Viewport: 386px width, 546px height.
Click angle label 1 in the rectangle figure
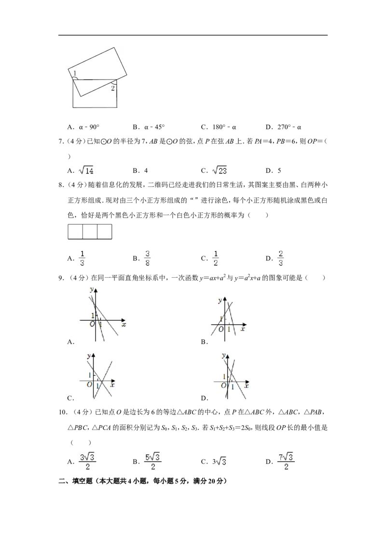[x=75, y=73]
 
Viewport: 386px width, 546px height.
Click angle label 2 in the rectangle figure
[x=112, y=88]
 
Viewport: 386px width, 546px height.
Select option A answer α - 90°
[x=89, y=127]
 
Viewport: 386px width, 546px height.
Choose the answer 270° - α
[x=289, y=127]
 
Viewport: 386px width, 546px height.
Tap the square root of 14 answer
[x=86, y=170]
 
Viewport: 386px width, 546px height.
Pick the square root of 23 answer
[x=220, y=170]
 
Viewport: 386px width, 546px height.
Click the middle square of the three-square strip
[x=90, y=232]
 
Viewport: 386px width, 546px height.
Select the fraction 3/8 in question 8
[x=147, y=258]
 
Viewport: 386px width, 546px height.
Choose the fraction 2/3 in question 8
[x=281, y=258]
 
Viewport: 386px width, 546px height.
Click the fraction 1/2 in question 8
[x=216, y=258]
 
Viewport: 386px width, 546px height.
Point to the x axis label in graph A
[x=124, y=325]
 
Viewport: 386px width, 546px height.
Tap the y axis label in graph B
[x=220, y=300]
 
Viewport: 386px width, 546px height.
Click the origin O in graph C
[x=90, y=384]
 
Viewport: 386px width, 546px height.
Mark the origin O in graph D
[x=224, y=385]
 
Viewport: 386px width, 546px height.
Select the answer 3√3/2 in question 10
[x=87, y=462]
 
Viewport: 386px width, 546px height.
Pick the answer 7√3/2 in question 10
[x=286, y=462]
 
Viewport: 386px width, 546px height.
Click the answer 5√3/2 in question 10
[x=152, y=462]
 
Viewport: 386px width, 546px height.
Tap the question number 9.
[x=61, y=278]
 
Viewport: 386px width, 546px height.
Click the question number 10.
[x=63, y=412]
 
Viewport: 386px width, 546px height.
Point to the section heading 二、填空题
[x=76, y=481]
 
